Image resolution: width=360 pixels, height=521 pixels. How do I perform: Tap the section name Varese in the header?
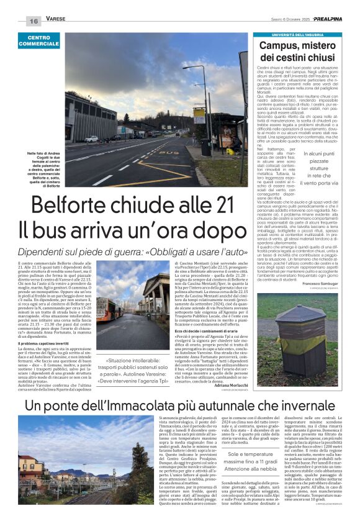tap(54, 20)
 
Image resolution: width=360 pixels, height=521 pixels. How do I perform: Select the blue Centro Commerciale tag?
tap(38, 41)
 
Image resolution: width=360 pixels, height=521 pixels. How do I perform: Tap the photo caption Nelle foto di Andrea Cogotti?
tap(44, 168)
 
